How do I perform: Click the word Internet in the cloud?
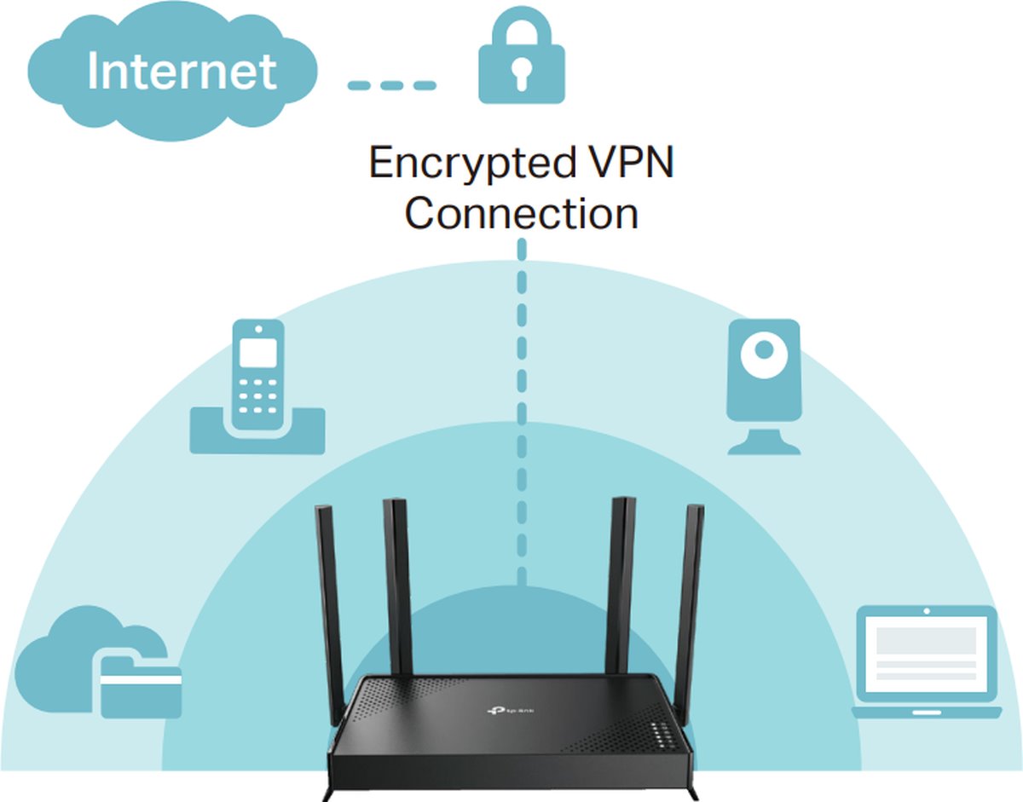182,72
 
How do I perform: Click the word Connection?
522,213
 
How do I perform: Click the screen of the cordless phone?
257,351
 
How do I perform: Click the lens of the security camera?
764,349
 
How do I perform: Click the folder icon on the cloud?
142,687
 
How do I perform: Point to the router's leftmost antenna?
329,597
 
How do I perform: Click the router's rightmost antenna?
688,597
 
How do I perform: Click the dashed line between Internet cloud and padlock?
392,85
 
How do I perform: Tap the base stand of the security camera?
764,441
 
